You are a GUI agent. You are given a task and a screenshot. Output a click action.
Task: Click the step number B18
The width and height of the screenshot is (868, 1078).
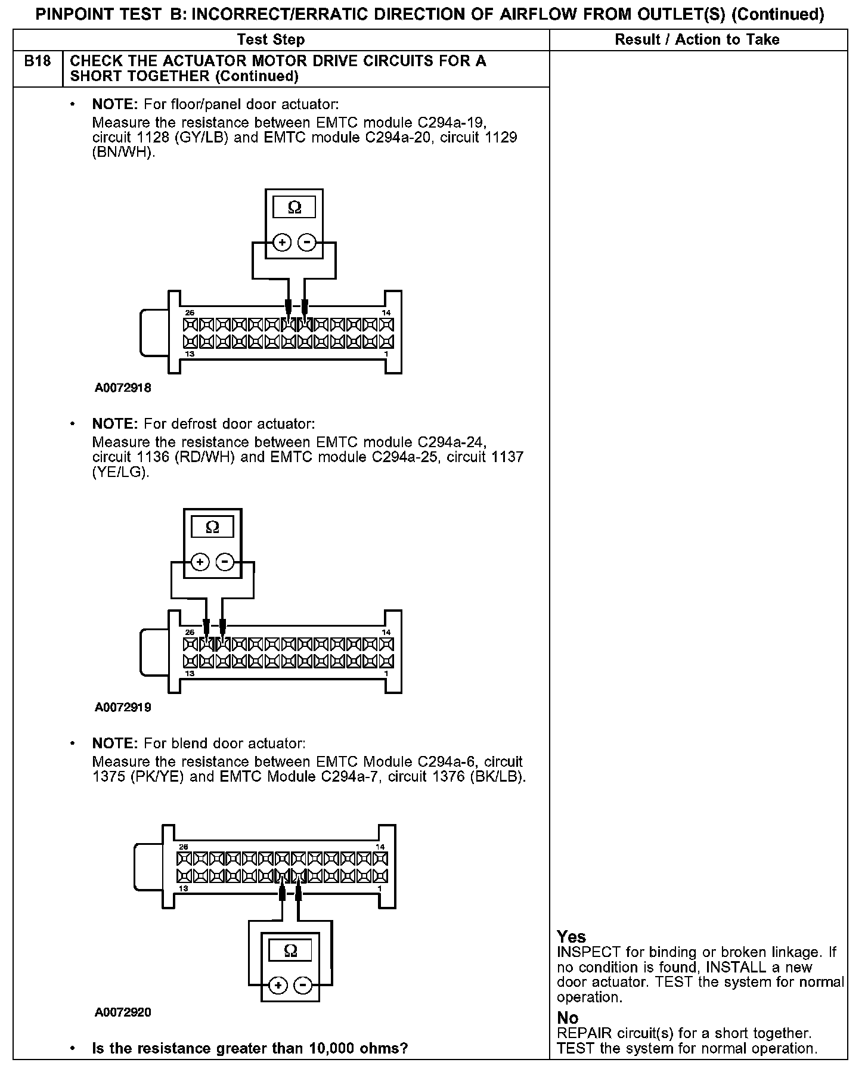tap(37, 61)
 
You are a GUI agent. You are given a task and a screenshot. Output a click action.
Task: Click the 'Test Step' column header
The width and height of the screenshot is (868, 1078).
tap(271, 40)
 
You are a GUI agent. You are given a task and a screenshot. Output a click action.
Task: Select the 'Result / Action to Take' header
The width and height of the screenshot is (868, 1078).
tap(697, 40)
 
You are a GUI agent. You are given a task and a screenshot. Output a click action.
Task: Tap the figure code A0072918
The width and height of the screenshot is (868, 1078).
tap(123, 388)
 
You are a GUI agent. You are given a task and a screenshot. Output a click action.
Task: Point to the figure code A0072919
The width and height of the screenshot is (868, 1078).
tap(123, 708)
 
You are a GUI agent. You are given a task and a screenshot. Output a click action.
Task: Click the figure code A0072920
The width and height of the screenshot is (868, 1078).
tap(123, 1012)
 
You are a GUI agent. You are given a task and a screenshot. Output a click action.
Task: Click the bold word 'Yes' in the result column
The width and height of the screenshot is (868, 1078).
tap(571, 937)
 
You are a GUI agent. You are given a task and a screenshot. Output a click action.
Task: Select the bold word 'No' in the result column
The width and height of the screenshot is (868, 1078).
tap(568, 1018)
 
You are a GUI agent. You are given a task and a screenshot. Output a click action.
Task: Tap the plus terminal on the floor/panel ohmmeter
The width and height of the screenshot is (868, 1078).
tap(282, 243)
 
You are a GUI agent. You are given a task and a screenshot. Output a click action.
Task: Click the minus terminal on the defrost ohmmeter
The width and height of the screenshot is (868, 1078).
tap(225, 562)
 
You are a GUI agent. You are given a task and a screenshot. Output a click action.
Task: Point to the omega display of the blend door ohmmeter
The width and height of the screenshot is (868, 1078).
tap(290, 950)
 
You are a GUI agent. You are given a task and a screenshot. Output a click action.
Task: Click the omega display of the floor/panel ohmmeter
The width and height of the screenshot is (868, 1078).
tap(294, 207)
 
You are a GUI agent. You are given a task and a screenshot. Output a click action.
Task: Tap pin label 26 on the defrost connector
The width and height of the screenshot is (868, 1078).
tap(190, 632)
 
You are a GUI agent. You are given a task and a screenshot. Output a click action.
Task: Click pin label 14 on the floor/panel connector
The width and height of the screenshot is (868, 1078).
tap(386, 313)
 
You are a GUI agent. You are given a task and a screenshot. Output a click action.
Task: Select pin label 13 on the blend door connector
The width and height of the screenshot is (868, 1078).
tap(183, 888)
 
